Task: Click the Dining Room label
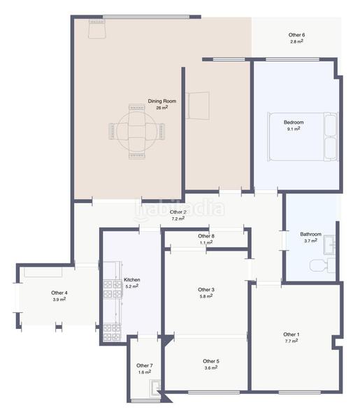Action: pos(161,101)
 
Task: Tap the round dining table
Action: pos(136,131)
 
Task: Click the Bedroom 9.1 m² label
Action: pos(293,126)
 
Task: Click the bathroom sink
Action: pos(329,244)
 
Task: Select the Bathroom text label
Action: pos(311,235)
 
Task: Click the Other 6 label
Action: pos(296,35)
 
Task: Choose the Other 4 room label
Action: pos(59,293)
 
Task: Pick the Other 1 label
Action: pos(291,335)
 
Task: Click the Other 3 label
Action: pos(206,290)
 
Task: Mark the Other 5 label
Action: pos(211,361)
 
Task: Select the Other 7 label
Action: pos(144,365)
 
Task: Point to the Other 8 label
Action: pos(206,236)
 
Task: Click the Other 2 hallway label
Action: pos(178,212)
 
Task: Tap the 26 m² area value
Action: pos(161,108)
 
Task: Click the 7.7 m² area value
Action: pos(291,341)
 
